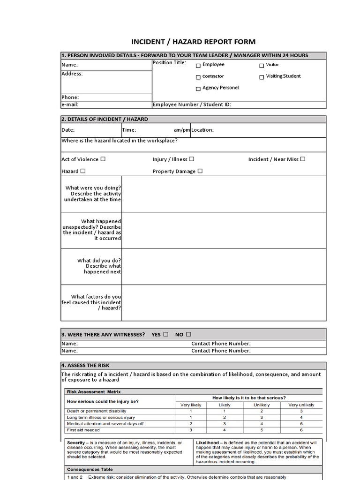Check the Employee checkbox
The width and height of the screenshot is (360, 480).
pos(198,66)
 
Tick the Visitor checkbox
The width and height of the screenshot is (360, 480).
pos(262,66)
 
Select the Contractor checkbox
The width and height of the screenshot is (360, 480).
pos(198,77)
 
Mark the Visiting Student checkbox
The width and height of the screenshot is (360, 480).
pos(262,77)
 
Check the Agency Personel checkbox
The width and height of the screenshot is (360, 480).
pos(198,89)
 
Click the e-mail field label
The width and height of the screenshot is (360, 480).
pos(70,105)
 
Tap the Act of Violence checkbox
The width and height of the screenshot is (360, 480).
pos(103,159)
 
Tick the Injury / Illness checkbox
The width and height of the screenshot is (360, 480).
pos(192,159)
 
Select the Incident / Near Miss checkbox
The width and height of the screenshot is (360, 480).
pos(302,159)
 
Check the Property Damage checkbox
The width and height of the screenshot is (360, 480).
pos(200,171)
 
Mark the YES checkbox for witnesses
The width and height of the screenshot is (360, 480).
pos(165,334)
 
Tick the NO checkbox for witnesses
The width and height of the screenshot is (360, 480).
pos(188,334)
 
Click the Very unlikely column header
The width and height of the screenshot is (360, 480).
pos(301,405)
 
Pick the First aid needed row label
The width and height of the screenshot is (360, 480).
pos(83,429)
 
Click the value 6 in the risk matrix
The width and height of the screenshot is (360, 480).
pos(301,429)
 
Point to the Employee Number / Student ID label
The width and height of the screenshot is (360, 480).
pos(192,105)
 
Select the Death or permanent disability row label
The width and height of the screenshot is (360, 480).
pos(97,411)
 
